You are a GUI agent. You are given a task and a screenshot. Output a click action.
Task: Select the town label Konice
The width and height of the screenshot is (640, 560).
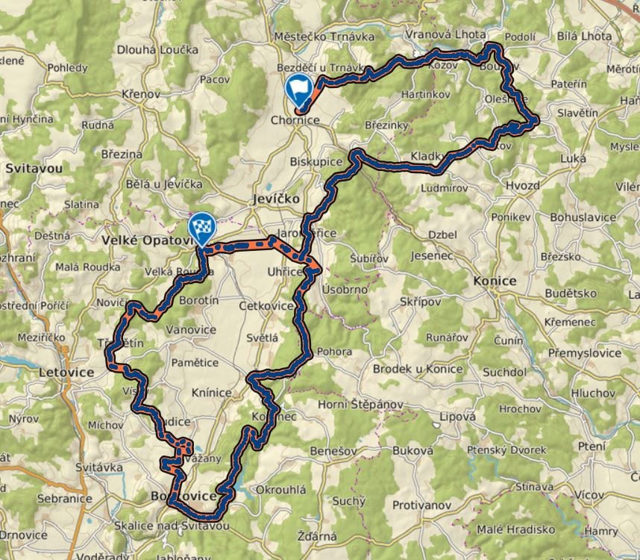[x=495, y=281]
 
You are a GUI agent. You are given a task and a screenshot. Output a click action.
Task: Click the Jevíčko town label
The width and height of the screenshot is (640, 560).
[x=275, y=199]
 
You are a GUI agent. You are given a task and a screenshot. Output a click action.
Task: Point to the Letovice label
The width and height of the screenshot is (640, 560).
[x=67, y=372]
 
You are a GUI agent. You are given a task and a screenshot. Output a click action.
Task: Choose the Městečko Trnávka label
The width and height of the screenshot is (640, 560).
[x=317, y=36]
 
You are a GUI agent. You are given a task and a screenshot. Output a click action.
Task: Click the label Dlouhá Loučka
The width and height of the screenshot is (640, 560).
[x=157, y=50]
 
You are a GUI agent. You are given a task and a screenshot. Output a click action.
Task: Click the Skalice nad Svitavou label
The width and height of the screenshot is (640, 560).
[x=171, y=526]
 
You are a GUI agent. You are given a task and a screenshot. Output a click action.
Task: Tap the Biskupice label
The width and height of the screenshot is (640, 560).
[x=316, y=162]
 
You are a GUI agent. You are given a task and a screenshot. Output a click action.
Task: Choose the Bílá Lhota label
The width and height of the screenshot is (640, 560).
[x=584, y=36]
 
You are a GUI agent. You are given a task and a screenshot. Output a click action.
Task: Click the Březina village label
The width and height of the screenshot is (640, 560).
[x=122, y=154]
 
